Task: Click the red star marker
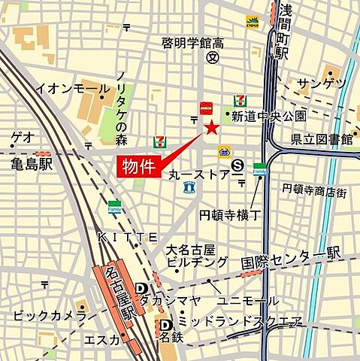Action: [212, 129]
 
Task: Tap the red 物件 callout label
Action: [139, 167]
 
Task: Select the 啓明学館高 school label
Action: [193, 43]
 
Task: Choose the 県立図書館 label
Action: [322, 138]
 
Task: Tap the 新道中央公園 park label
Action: [268, 116]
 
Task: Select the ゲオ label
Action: [23, 138]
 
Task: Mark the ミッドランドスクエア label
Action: [240, 323]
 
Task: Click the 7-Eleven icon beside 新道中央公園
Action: [240, 100]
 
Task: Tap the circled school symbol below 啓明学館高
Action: [213, 57]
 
